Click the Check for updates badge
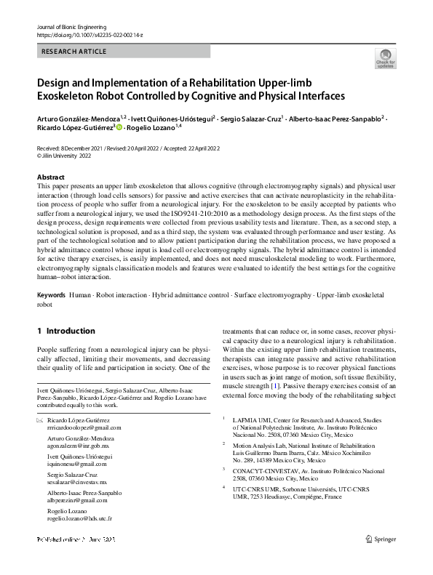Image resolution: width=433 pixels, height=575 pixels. (x=385, y=58)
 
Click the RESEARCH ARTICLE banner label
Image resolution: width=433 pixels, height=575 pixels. (x=75, y=52)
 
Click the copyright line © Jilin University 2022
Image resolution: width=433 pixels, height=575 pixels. (x=64, y=156)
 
